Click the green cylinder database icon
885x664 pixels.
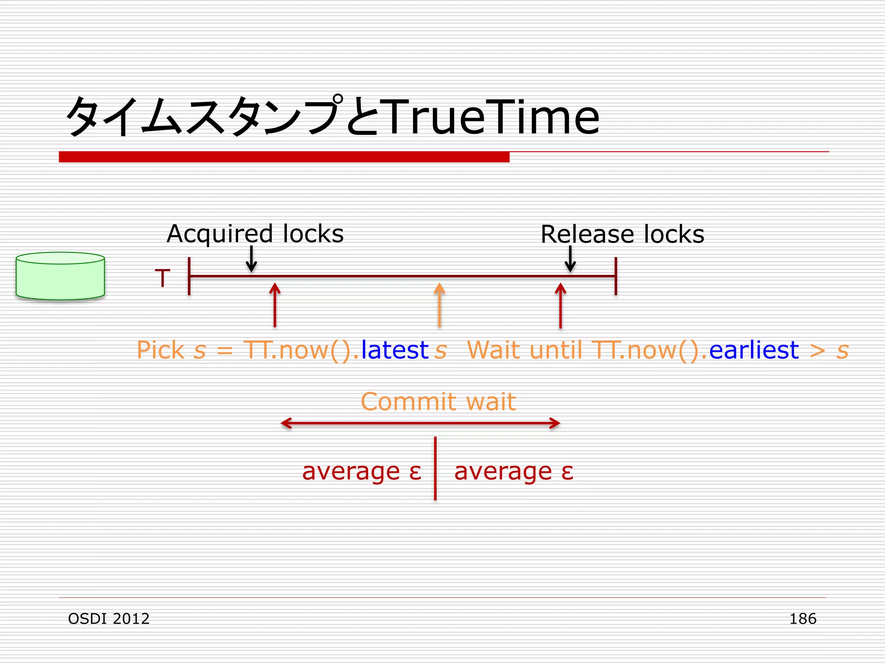coord(60,276)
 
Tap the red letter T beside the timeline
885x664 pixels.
coord(162,278)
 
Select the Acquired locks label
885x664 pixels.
coord(255,234)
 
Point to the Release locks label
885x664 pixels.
coord(622,234)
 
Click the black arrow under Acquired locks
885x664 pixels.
coord(251,259)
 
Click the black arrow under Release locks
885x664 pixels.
coord(570,259)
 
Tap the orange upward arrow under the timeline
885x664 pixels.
coord(439,305)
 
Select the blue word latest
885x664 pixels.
coord(395,350)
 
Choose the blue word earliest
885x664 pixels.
coord(754,350)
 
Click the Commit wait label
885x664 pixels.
coord(438,402)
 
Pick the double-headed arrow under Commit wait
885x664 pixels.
coord(420,423)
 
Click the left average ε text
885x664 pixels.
coord(362,471)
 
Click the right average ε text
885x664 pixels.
coord(514,471)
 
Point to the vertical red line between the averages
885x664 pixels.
coord(435,469)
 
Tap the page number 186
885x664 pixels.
coord(802,619)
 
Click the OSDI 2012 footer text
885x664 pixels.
coord(109,619)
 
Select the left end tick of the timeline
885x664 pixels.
coord(189,276)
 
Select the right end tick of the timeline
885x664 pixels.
coord(616,276)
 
